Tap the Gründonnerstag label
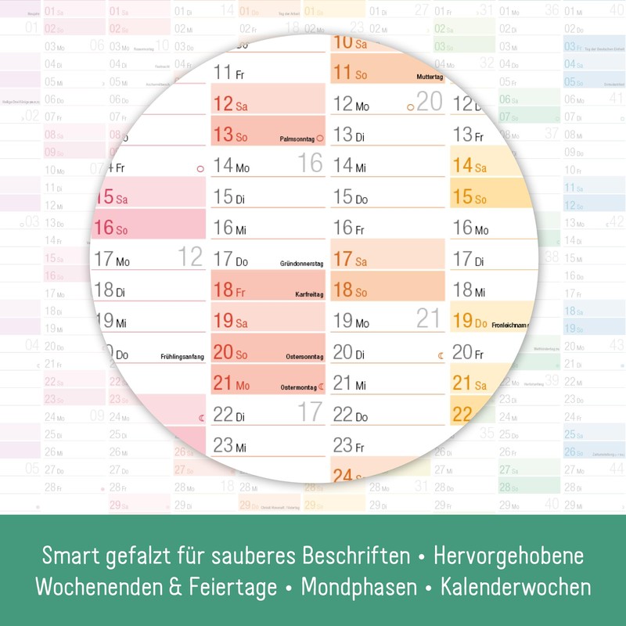pyautogui.click(x=300, y=264)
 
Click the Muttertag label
pyautogui.click(x=426, y=77)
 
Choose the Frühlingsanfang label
pyautogui.click(x=181, y=357)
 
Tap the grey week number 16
pyautogui.click(x=311, y=163)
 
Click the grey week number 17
pyautogui.click(x=310, y=411)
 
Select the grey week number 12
pyautogui.click(x=190, y=256)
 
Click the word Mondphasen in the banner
pyautogui.click(x=361, y=585)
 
